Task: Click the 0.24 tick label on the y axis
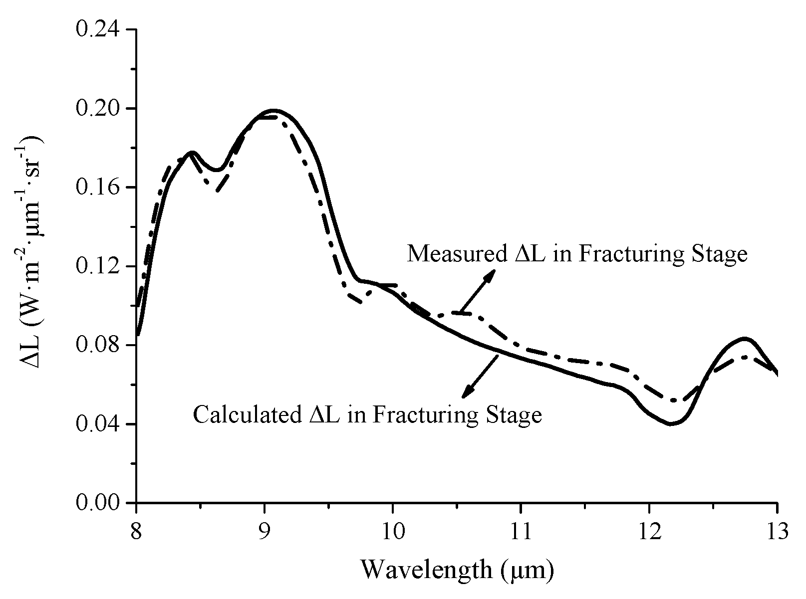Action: pyautogui.click(x=98, y=30)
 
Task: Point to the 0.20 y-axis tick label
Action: pyautogui.click(x=98, y=109)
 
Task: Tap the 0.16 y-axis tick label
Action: pyautogui.click(x=98, y=188)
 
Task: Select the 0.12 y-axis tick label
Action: pyautogui.click(x=98, y=266)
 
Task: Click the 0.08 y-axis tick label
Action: pyautogui.click(x=98, y=345)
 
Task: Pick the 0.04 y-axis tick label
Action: pyautogui.click(x=98, y=424)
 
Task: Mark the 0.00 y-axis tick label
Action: pyautogui.click(x=98, y=503)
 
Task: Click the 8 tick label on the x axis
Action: pyautogui.click(x=136, y=531)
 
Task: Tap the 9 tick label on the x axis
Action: pyautogui.click(x=265, y=531)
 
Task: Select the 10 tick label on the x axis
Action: pyautogui.click(x=392, y=531)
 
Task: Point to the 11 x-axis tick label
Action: pyautogui.click(x=521, y=531)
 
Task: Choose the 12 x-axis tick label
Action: pyautogui.click(x=649, y=531)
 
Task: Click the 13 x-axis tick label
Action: pyautogui.click(x=777, y=531)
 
